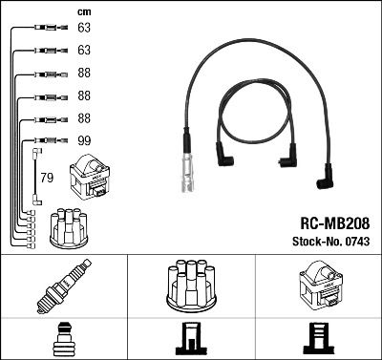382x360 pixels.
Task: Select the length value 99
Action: (x=83, y=139)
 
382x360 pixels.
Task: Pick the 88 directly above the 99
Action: (x=83, y=117)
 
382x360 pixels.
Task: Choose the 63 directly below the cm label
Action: (x=83, y=29)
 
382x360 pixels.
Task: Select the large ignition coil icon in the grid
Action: (x=317, y=285)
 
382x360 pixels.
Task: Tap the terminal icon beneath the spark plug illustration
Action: (x=63, y=338)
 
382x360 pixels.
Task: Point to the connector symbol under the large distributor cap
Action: (x=190, y=338)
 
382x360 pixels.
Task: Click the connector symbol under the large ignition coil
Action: (x=317, y=338)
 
